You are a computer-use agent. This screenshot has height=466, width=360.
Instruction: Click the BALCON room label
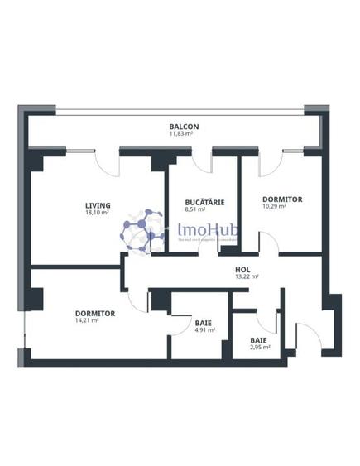coord(185,127)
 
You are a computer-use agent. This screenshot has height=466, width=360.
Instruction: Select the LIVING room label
coord(98,205)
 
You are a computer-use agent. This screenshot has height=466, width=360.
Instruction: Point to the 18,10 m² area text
coord(98,213)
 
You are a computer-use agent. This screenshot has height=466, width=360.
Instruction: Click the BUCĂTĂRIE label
coord(200,201)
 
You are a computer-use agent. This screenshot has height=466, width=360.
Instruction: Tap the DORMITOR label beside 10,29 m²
coord(282,199)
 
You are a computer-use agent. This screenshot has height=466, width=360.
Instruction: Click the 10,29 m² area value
coord(274,207)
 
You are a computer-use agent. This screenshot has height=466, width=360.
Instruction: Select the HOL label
coord(242,270)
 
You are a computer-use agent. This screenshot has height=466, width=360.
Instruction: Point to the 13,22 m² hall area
coord(247,277)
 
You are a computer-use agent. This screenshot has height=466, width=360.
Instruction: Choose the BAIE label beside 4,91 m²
coord(203,322)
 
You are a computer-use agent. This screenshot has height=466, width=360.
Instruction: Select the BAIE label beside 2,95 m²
coord(259,339)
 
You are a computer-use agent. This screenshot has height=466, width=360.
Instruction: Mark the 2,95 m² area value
coord(260,348)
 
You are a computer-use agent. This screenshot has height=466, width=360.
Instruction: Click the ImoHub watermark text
coord(204,226)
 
